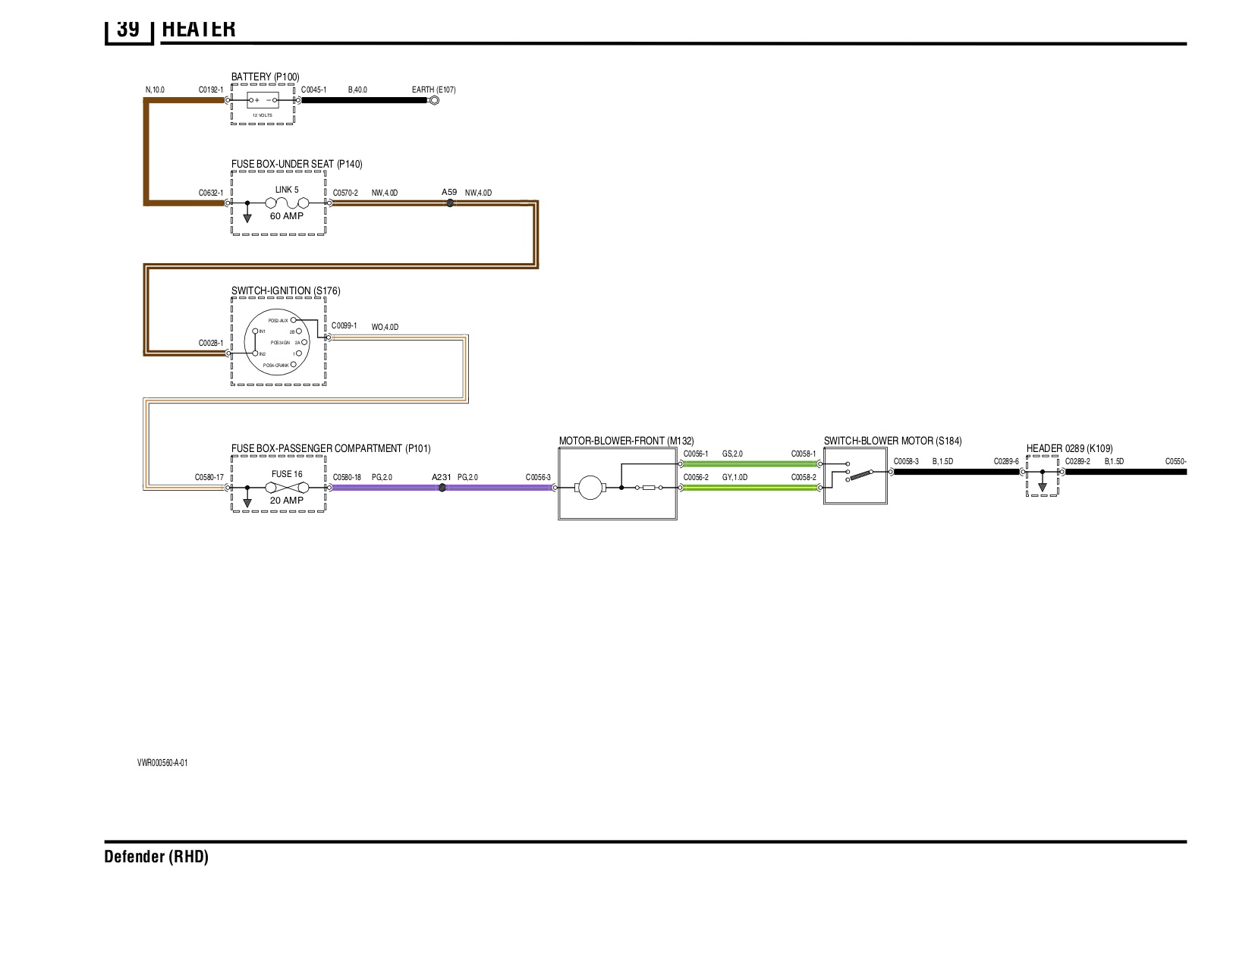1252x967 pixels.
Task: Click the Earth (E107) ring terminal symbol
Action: pos(434,99)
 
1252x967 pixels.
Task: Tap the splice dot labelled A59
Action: pos(449,203)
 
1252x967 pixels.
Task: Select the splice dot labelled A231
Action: pos(442,488)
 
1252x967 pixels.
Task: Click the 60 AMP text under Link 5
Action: pos(287,216)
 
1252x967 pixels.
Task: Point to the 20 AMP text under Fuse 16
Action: pos(287,501)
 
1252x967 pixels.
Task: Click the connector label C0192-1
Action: pos(211,89)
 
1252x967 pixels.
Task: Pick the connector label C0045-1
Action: pos(314,89)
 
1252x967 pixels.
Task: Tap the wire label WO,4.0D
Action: pos(385,328)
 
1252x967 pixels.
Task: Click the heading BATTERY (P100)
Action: pos(266,77)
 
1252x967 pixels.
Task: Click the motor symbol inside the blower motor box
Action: pos(589,488)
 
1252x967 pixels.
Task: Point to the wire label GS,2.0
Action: pos(732,454)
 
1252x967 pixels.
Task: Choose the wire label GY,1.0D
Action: pos(735,477)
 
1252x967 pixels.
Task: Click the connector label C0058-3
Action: pos(906,461)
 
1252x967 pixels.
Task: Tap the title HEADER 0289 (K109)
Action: pos(1070,448)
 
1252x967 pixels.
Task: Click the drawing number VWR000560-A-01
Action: pos(162,763)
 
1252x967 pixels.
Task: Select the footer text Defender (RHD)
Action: pos(156,857)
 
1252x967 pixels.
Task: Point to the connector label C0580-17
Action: pos(209,478)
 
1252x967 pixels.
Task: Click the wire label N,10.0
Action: pos(155,89)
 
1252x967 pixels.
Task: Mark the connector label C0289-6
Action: pos(1006,461)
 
